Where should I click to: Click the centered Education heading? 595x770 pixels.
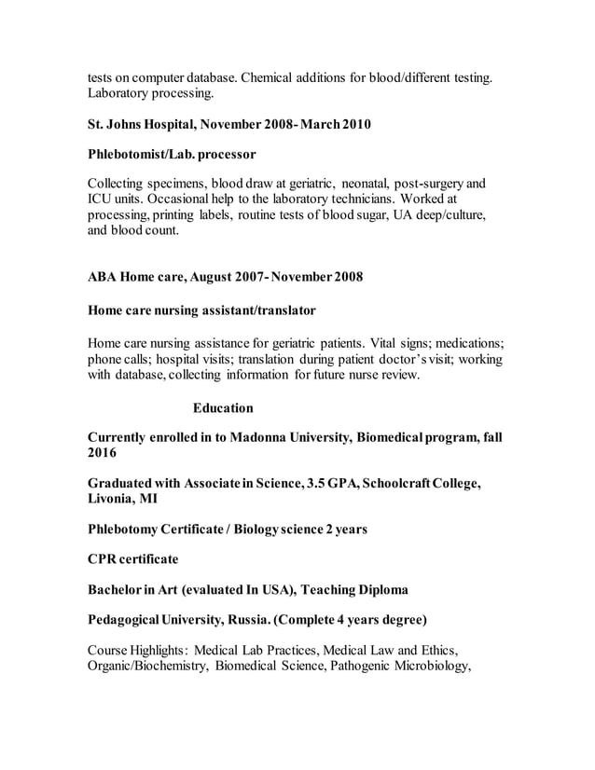click(x=223, y=408)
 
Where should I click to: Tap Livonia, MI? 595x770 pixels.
click(x=122, y=499)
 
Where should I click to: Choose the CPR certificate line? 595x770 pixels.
click(x=132, y=559)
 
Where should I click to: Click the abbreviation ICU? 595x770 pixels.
click(x=101, y=198)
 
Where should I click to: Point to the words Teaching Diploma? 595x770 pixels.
click(x=350, y=589)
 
